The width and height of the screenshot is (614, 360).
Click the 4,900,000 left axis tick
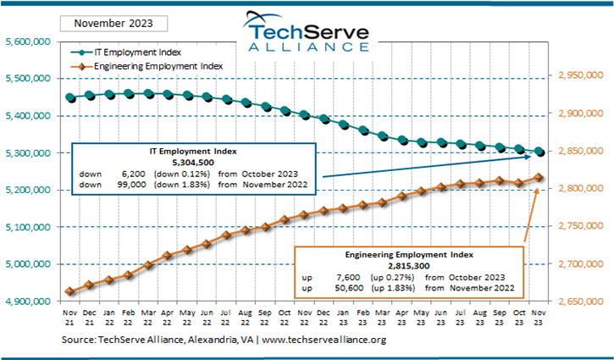click(x=30, y=301)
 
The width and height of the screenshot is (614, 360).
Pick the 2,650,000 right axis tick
click(x=581, y=301)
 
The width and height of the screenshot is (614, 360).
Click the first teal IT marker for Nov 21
click(x=70, y=98)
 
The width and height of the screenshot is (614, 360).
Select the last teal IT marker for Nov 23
click(x=539, y=152)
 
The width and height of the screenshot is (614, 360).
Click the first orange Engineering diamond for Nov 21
click(x=70, y=292)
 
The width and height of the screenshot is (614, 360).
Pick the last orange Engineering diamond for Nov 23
click(x=539, y=178)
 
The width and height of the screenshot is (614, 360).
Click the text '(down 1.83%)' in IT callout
click(x=180, y=183)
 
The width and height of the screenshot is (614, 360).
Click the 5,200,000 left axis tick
click(x=30, y=190)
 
